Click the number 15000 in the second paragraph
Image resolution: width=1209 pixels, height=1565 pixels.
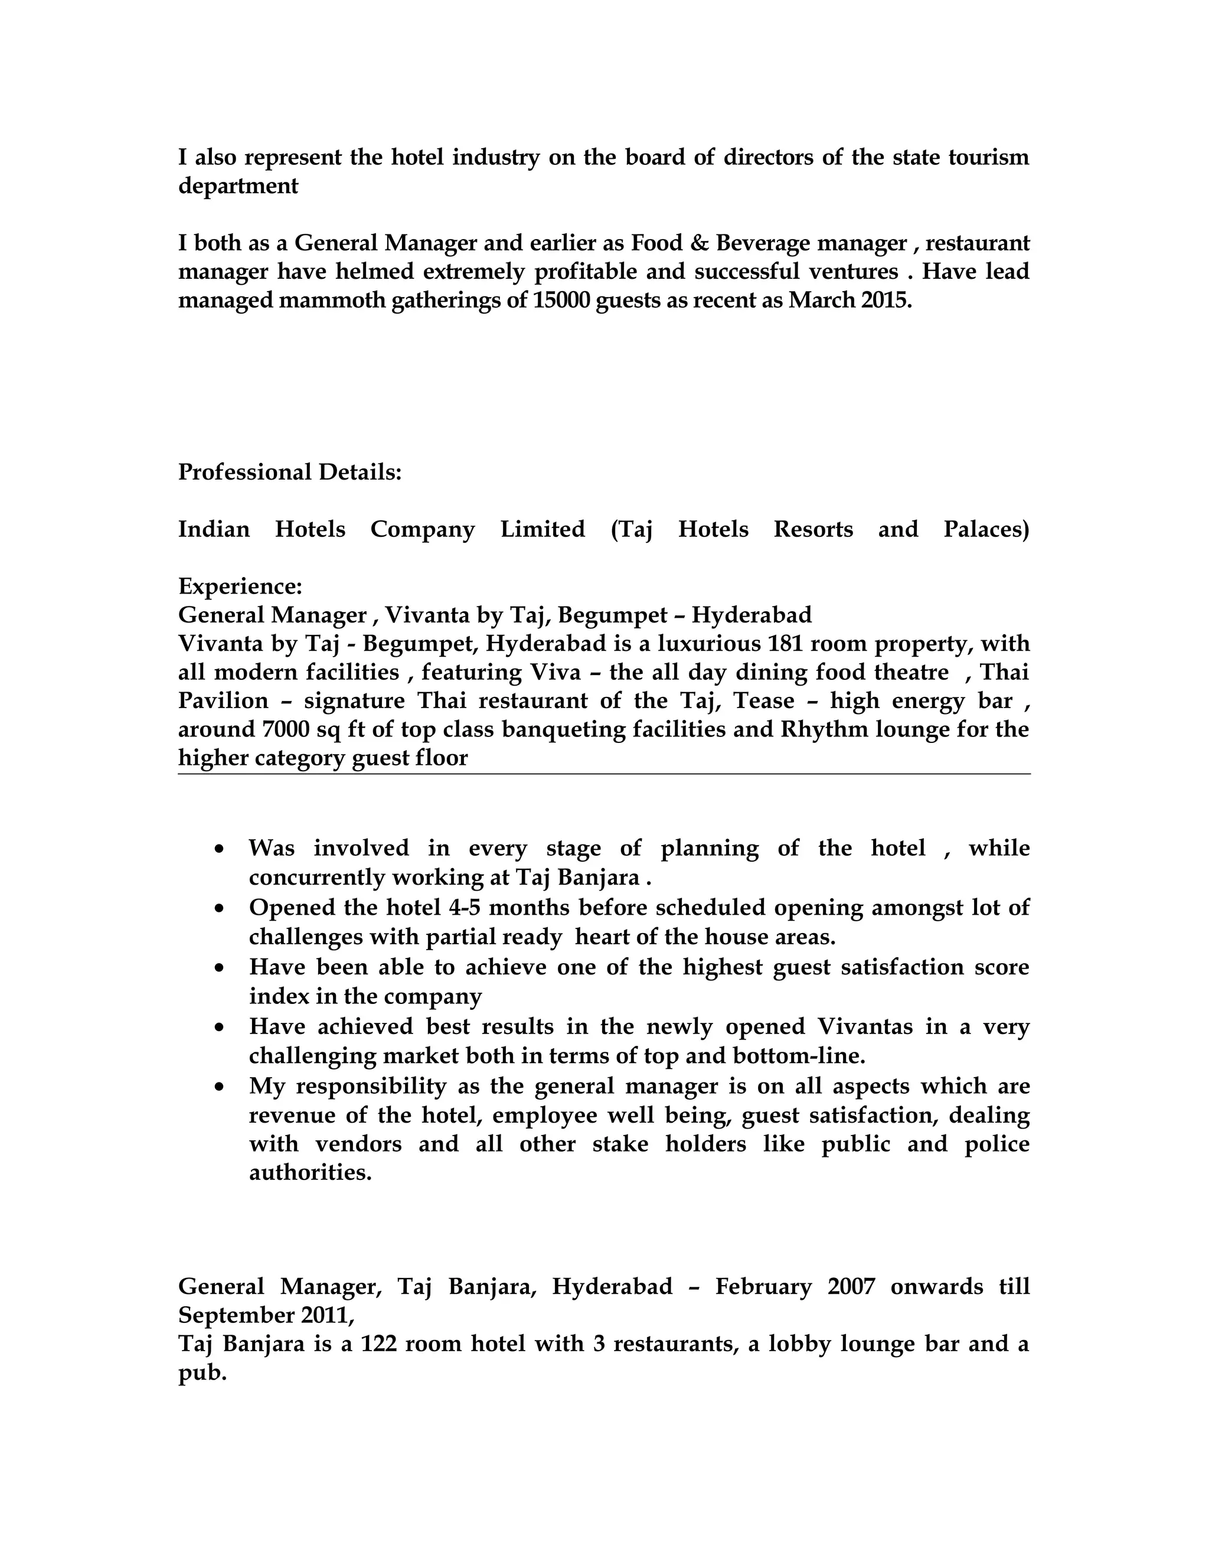[561, 300]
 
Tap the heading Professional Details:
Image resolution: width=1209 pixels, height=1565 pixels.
[289, 472]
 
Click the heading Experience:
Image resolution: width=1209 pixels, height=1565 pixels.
[240, 587]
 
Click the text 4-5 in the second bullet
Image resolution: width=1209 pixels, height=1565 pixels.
[464, 908]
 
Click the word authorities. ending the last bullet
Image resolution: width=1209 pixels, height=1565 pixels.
[310, 1173]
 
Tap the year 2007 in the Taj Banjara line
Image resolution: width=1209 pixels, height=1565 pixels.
[851, 1287]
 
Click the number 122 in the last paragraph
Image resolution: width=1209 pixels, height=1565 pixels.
[378, 1344]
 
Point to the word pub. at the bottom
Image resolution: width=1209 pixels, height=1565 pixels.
[202, 1374]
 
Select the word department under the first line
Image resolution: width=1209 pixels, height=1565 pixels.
[238, 186]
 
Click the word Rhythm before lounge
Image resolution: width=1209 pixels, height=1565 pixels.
[822, 729]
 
